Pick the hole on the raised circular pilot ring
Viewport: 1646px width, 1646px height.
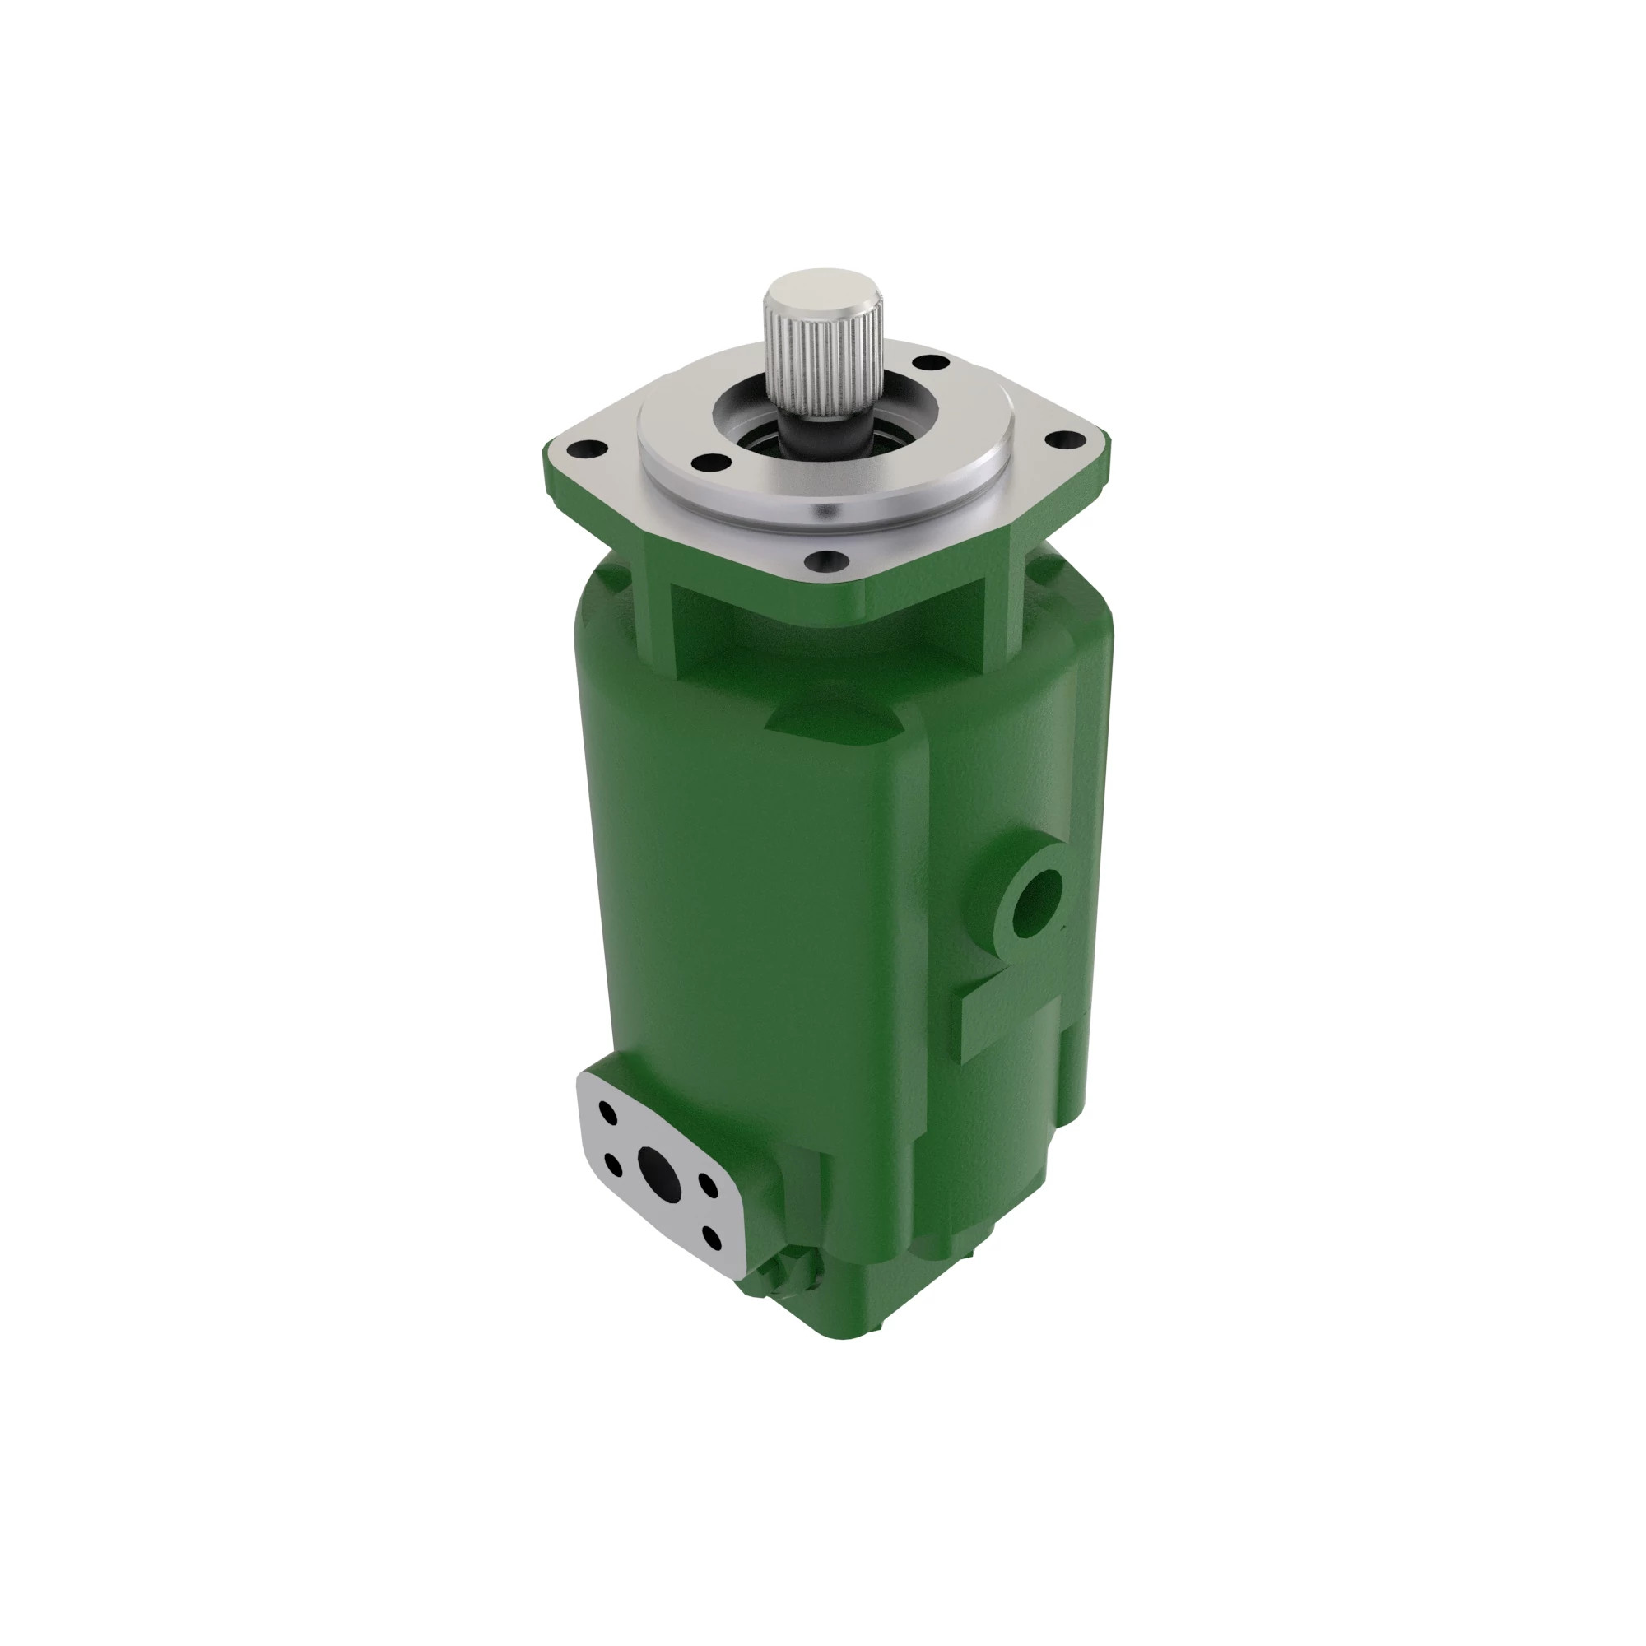tap(712, 462)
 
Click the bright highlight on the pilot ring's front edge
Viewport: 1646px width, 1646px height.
tap(825, 512)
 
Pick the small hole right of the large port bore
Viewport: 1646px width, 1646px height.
tap(706, 1184)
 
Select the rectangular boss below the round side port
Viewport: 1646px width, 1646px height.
tap(1010, 1018)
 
